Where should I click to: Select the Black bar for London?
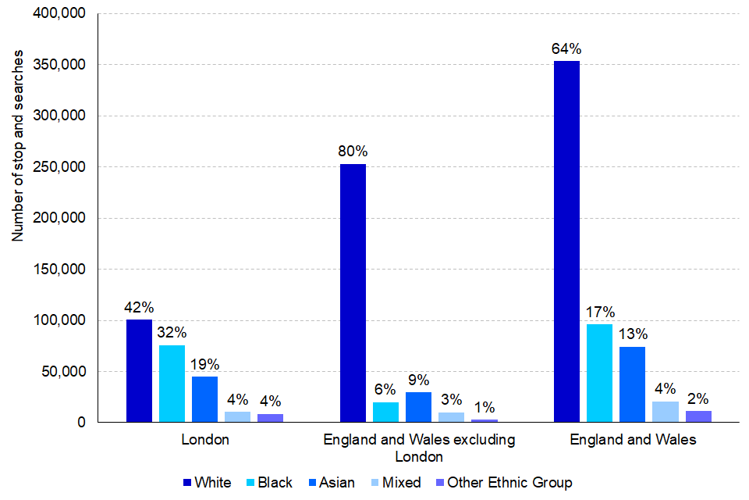pos(172,383)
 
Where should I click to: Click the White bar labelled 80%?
pos(353,293)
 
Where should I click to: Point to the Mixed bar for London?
pos(237,416)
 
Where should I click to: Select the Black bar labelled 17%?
pos(599,373)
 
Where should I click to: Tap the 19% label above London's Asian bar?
pos(205,363)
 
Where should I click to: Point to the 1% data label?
pos(484,406)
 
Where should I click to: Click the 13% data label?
pos(632,334)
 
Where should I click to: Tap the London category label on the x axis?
pos(205,439)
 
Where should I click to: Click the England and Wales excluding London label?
pos(419,448)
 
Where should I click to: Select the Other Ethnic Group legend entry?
pos(502,482)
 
